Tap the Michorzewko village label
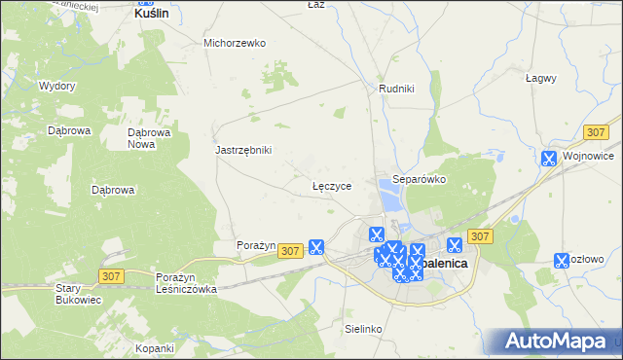tap(235, 43)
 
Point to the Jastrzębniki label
tap(243, 150)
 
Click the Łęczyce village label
tap(331, 184)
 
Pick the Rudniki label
tap(396, 89)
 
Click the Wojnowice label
tap(592, 157)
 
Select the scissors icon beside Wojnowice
tap(549, 158)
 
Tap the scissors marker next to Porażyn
tap(316, 247)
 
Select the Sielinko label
tap(362, 329)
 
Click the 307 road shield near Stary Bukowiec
tap(110, 277)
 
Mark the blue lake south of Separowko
tap(390, 200)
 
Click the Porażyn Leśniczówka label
tap(186, 283)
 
